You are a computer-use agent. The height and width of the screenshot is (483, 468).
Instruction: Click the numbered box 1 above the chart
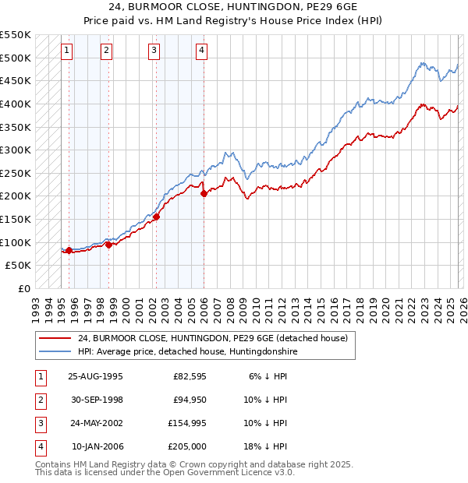67,51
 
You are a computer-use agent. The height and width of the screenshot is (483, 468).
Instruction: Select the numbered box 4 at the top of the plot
201,51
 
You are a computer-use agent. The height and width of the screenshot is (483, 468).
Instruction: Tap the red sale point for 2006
204,194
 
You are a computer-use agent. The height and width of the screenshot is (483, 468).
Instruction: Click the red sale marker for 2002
157,217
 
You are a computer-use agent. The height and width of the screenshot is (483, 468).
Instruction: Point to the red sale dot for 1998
108,245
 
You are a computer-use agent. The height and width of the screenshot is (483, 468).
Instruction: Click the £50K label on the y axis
19,266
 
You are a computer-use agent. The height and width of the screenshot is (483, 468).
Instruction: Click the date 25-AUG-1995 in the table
95,375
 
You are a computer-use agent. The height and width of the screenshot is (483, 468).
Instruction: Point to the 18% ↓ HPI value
268,446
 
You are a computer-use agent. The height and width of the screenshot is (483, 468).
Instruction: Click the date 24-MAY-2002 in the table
95,423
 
